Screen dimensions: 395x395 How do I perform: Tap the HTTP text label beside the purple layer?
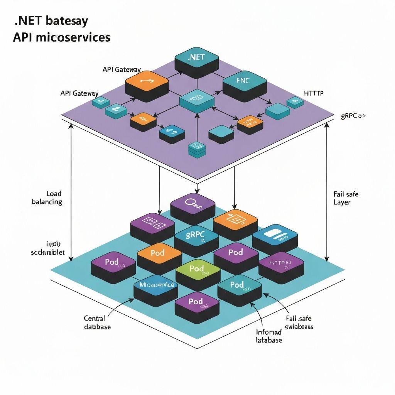coord(314,93)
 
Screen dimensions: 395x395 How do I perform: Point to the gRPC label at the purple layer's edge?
coord(353,115)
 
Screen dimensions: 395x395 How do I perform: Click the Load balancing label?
coord(47,197)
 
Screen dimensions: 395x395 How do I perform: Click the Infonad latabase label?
coord(268,336)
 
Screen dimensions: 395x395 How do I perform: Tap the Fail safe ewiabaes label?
coord(299,322)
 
